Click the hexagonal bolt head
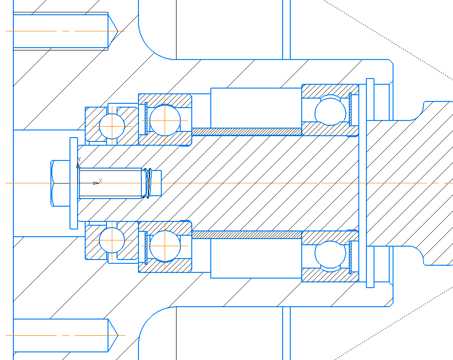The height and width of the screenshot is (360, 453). (x=60, y=183)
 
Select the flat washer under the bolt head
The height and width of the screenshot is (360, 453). (x=74, y=183)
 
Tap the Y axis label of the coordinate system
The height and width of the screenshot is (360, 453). (x=79, y=160)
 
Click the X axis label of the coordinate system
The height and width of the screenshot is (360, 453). (x=100, y=181)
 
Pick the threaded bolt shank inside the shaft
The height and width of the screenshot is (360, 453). (x=111, y=183)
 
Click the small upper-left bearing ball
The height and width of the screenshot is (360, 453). (x=112, y=126)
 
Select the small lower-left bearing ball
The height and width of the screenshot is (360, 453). (x=112, y=240)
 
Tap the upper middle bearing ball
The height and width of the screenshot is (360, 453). (x=165, y=120)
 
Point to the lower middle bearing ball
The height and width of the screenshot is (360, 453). (x=165, y=246)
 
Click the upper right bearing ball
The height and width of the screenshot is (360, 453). (x=330, y=112)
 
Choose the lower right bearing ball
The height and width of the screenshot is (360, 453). (x=330, y=254)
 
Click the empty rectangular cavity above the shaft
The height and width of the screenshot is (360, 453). (x=256, y=108)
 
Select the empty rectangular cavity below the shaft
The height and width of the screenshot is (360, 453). (x=256, y=258)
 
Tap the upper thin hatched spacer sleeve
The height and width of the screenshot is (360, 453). (x=247, y=132)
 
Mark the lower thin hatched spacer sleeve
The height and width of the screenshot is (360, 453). (x=247, y=234)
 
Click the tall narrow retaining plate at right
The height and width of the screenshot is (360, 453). (x=370, y=183)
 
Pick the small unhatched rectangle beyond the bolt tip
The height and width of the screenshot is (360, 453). (x=156, y=183)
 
